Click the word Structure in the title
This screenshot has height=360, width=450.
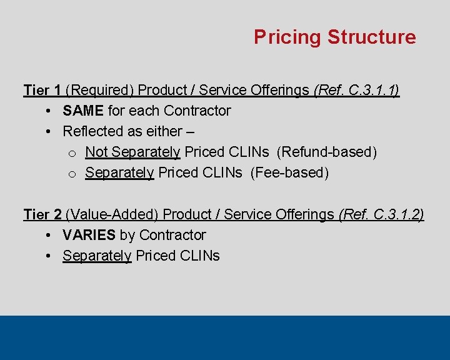pos(371,37)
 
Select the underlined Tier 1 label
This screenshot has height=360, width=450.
pos(42,90)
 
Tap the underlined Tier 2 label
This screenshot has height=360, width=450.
pos(42,214)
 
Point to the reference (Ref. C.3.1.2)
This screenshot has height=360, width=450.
pos(381,214)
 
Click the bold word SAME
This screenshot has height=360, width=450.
pos(83,111)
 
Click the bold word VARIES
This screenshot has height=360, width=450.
pos(89,235)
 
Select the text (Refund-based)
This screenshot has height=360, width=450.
pos(326,152)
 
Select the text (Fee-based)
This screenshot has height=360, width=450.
pos(289,172)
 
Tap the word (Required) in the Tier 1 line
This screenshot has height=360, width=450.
pos(99,90)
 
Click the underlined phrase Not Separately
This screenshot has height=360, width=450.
pos(132,152)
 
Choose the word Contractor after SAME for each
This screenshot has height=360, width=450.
pos(197,111)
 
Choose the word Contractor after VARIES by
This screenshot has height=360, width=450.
pos(172,235)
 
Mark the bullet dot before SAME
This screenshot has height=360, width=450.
pos(49,111)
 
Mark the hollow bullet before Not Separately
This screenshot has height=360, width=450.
pos(71,153)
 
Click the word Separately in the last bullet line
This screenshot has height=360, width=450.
pos(97,256)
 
